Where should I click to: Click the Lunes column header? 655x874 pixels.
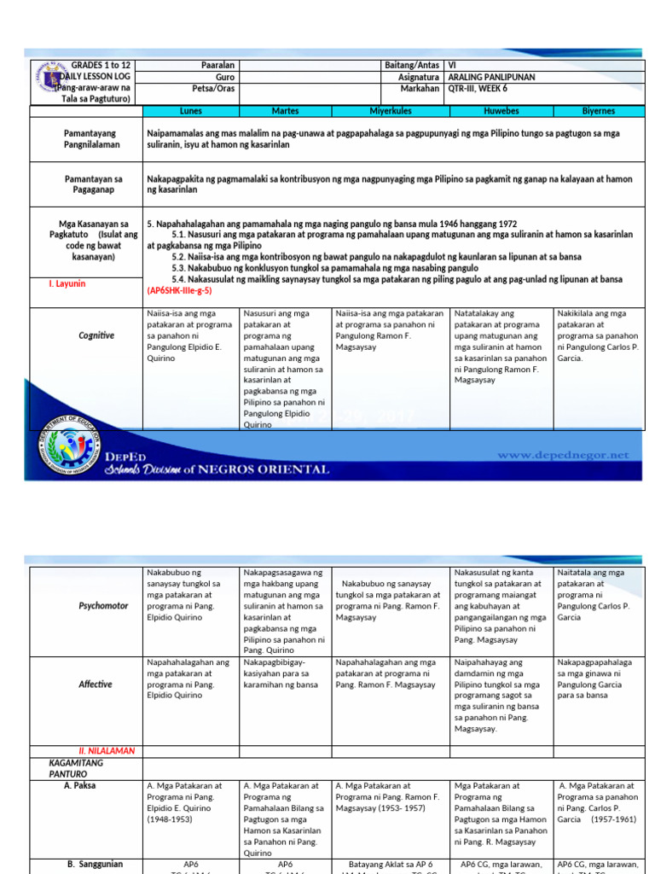191,111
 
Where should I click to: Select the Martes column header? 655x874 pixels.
285,111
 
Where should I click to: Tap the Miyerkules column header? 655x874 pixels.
391,111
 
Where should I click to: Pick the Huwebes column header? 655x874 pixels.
501,111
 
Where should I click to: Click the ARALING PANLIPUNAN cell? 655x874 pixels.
491,77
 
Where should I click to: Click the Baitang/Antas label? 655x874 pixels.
413,66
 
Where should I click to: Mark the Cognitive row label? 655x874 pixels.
96,335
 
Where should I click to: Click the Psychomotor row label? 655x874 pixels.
96,605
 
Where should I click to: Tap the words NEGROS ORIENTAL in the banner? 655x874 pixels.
267,469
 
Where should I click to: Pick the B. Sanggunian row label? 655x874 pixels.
95,864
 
